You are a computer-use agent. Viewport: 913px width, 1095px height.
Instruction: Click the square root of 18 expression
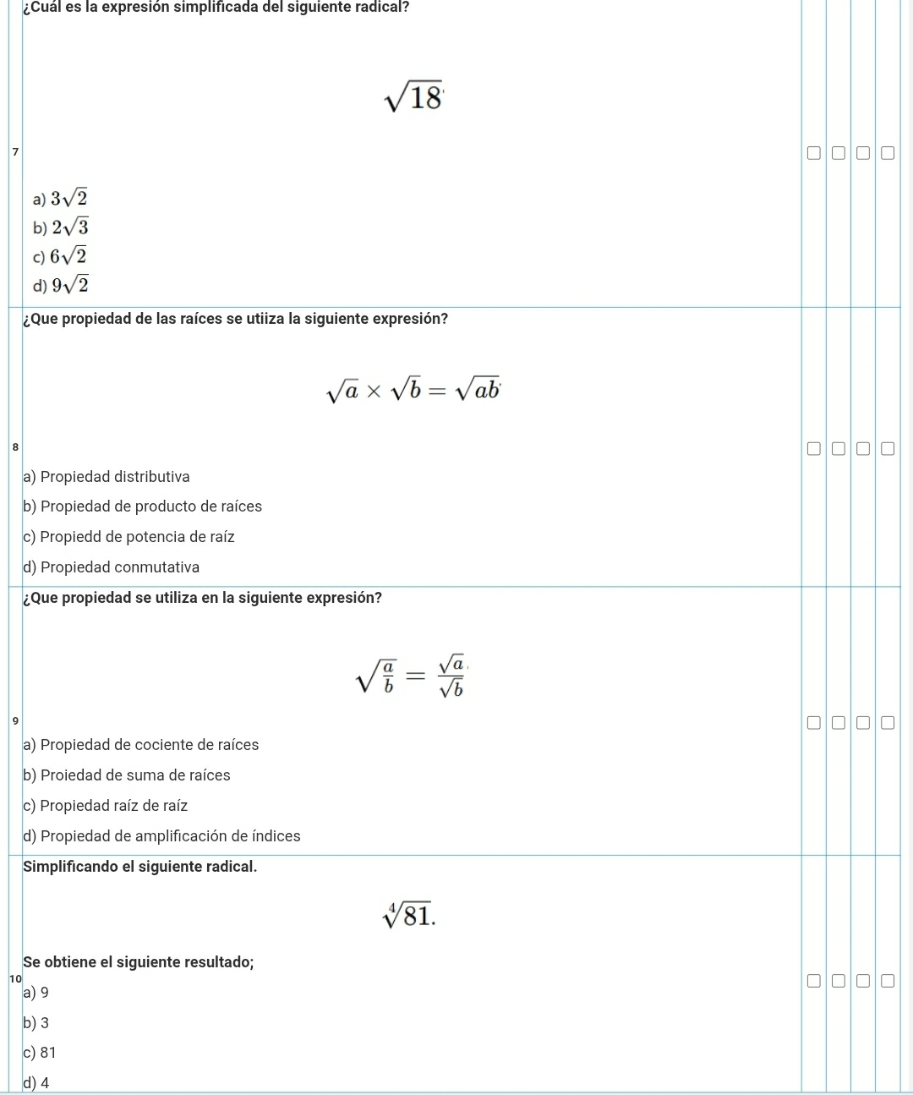pyautogui.click(x=413, y=97)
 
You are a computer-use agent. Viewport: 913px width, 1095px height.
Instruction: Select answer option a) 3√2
pyautogui.click(x=60, y=199)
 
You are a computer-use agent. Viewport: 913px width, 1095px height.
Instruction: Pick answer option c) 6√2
pyautogui.click(x=60, y=256)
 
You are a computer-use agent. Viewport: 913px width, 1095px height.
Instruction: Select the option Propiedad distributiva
pyautogui.click(x=107, y=477)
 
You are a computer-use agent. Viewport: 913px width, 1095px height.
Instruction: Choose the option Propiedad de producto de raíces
pyautogui.click(x=143, y=506)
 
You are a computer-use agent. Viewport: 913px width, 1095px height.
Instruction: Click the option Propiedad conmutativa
pyautogui.click(x=112, y=567)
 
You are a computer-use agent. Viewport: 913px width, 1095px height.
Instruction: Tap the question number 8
pyautogui.click(x=15, y=446)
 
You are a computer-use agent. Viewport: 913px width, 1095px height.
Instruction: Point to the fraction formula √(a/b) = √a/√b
pyautogui.click(x=413, y=676)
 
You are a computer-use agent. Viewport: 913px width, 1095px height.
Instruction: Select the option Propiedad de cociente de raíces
pyautogui.click(x=141, y=745)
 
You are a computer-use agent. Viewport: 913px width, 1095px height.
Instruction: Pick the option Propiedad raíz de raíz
pyautogui.click(x=106, y=806)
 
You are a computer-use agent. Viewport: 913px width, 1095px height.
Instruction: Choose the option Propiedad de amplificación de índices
pyautogui.click(x=162, y=836)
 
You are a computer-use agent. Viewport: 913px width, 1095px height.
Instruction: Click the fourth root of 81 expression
pyautogui.click(x=409, y=914)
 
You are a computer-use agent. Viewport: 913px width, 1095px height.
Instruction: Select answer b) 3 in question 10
pyautogui.click(x=36, y=1023)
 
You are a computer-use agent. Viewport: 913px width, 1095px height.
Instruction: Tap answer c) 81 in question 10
pyautogui.click(x=40, y=1053)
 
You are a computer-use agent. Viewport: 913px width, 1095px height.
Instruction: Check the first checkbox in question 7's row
pyautogui.click(x=813, y=154)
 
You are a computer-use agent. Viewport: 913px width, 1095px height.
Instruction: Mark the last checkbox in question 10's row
pyautogui.click(x=887, y=981)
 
